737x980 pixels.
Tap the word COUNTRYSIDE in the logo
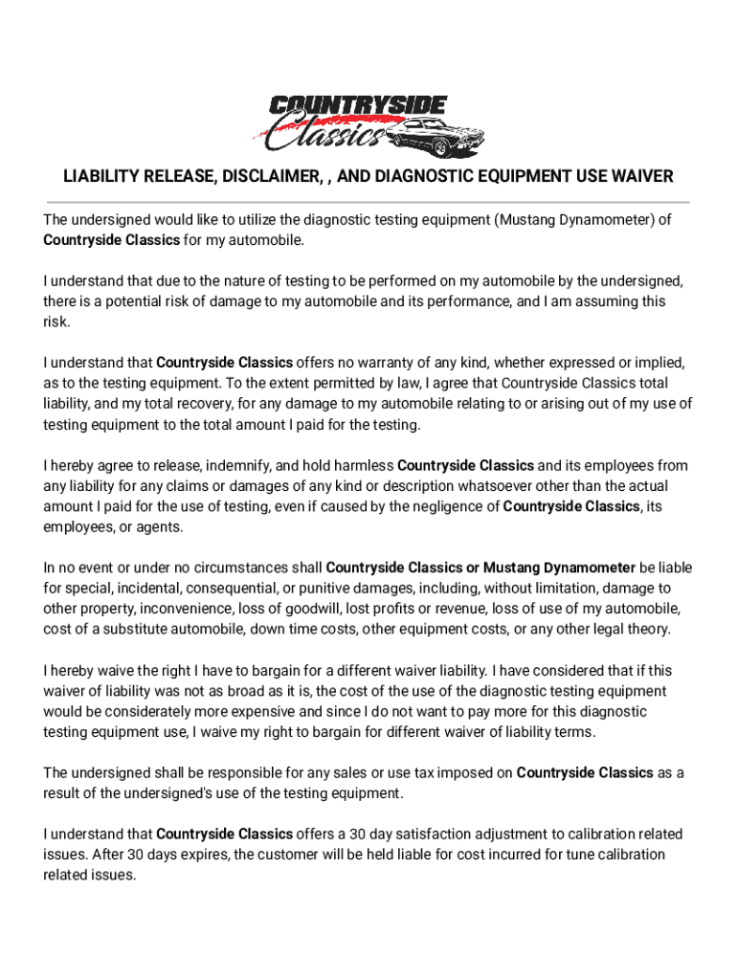(356, 106)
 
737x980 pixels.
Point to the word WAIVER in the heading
(637, 177)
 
